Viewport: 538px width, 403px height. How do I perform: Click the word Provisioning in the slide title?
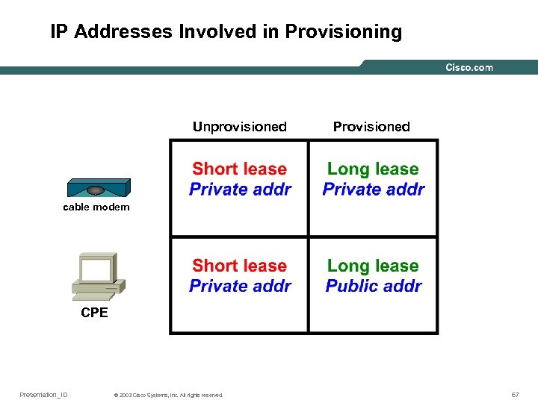coord(344,32)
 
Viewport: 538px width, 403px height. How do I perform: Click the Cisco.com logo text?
coord(469,68)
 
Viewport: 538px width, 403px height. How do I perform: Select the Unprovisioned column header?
coord(239,127)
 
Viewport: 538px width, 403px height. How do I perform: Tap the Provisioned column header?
coord(371,127)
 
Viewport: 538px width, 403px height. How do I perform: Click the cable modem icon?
coord(97,187)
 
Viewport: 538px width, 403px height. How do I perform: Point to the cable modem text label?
coord(96,207)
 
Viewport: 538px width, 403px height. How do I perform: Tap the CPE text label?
coord(94,313)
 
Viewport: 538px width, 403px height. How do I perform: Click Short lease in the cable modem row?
coord(239,169)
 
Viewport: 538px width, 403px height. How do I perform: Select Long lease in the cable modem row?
coord(373,169)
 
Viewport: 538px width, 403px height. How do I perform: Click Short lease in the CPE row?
coord(239,266)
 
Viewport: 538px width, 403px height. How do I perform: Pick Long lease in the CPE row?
coord(373,266)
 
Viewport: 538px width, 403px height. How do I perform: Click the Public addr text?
coord(374,286)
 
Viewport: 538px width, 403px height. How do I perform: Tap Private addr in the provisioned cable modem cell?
coord(374,190)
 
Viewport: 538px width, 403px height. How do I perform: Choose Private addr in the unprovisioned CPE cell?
coord(240,286)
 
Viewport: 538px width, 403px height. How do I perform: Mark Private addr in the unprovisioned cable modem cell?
coord(240,190)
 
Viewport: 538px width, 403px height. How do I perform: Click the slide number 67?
coord(515,394)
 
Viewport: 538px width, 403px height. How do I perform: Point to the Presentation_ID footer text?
coord(43,394)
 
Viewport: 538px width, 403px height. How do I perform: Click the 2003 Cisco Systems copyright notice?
coord(169,395)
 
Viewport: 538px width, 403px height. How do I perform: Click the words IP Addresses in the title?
coord(111,32)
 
